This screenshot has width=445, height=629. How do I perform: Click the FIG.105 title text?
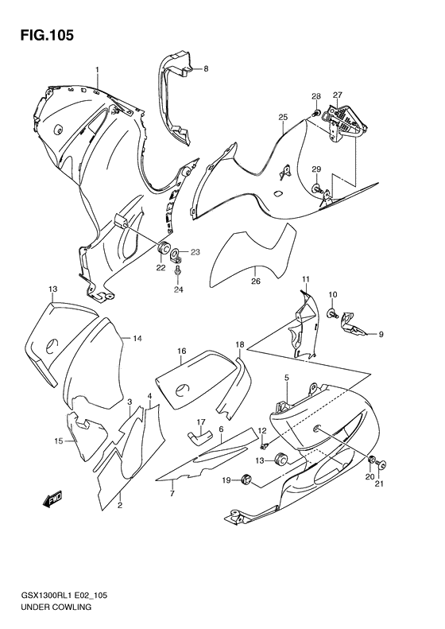(x=47, y=35)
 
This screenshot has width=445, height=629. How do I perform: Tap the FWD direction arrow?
(x=52, y=499)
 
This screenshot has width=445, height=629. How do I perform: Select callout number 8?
(x=206, y=68)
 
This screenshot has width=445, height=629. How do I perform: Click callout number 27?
(x=337, y=95)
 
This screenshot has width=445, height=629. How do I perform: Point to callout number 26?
(x=255, y=281)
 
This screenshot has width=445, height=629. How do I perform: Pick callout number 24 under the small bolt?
(x=179, y=289)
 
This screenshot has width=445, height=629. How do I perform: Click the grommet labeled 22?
(x=164, y=249)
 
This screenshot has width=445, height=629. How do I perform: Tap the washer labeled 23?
(x=175, y=254)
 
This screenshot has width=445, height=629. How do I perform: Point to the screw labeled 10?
(x=333, y=313)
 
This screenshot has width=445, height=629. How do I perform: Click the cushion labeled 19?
(x=246, y=479)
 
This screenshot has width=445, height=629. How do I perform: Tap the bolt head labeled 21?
(x=381, y=465)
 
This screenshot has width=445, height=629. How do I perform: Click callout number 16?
(x=182, y=351)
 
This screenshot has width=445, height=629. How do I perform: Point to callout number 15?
(x=59, y=441)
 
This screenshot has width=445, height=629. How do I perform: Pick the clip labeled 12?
(x=264, y=445)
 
